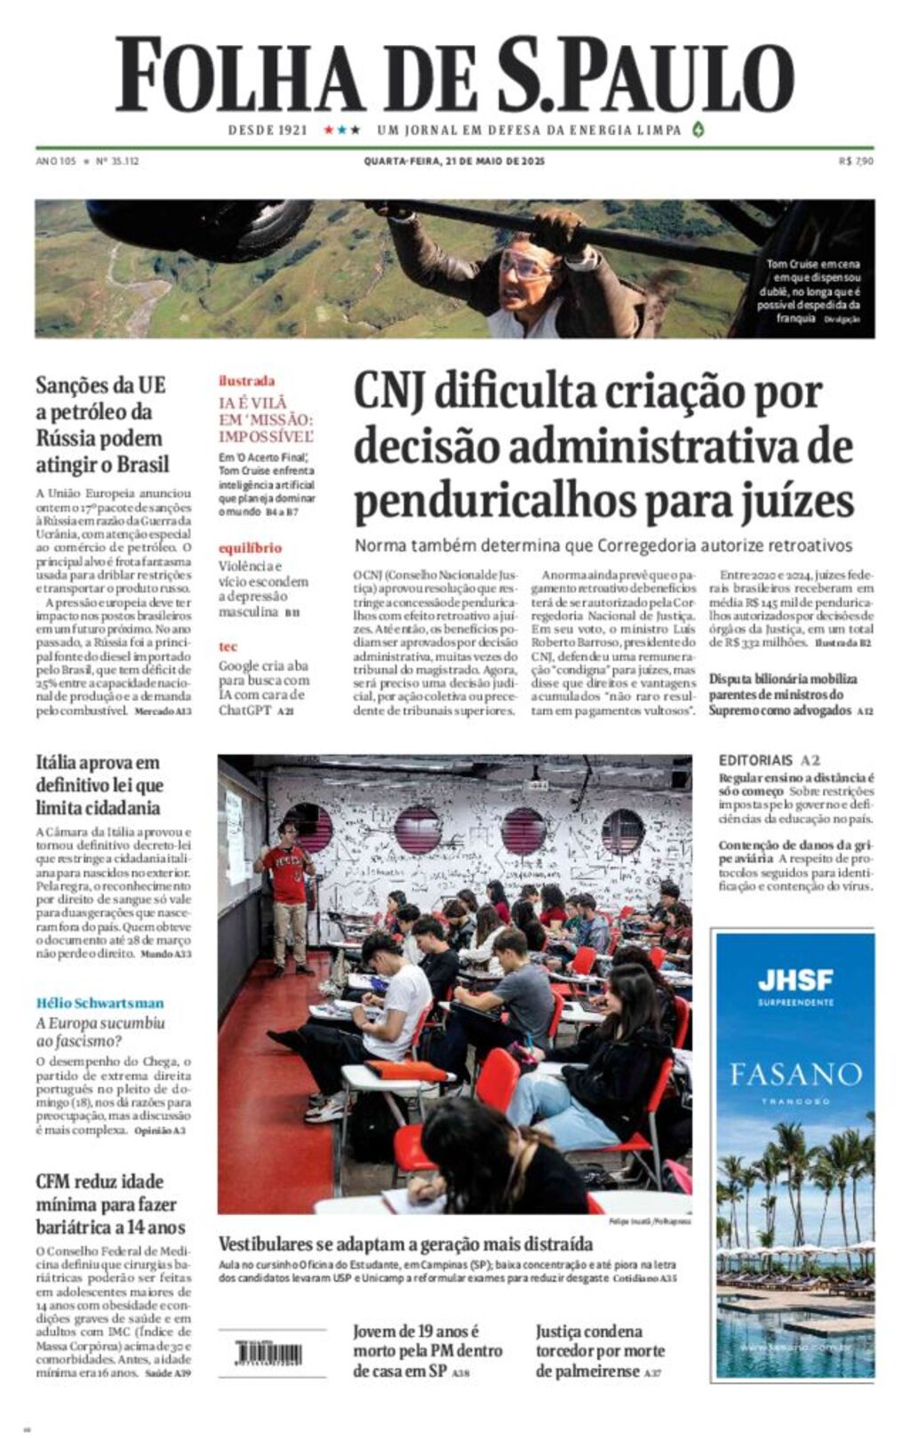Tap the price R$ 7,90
pyautogui.click(x=856, y=162)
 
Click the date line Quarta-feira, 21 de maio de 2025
pyautogui.click(x=454, y=162)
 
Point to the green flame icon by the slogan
pyautogui.click(x=698, y=130)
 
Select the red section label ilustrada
pyautogui.click(x=246, y=381)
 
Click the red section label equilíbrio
pyautogui.click(x=250, y=548)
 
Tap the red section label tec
pyautogui.click(x=227, y=647)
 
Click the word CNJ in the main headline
pyautogui.click(x=389, y=393)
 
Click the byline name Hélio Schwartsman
pyautogui.click(x=100, y=1003)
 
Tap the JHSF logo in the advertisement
pyautogui.click(x=795, y=981)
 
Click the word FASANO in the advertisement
pyautogui.click(x=795, y=1075)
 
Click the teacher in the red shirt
pyautogui.click(x=287, y=875)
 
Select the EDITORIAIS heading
pyautogui.click(x=755, y=760)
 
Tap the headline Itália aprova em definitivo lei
pyautogui.click(x=98, y=785)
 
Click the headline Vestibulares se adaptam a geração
pyautogui.click(x=405, y=1243)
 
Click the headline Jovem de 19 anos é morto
pyautogui.click(x=427, y=1350)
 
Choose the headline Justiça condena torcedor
pyautogui.click(x=600, y=1350)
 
